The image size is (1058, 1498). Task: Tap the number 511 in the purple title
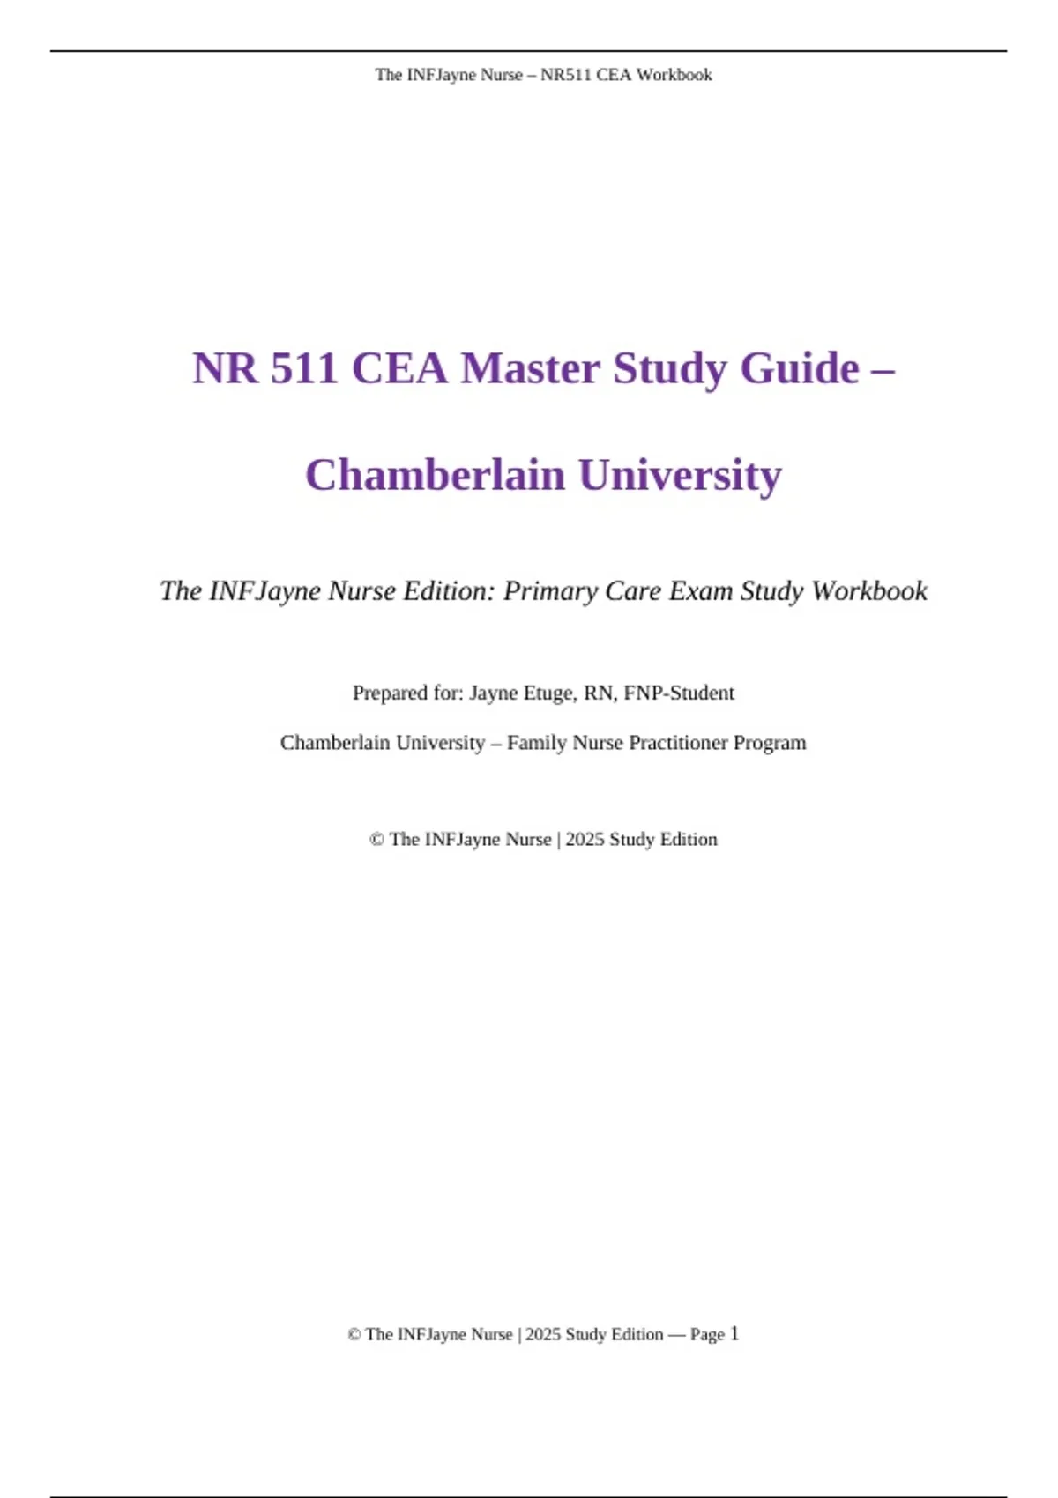305,368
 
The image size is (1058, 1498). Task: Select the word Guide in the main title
800,368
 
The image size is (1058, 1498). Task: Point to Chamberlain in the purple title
436,475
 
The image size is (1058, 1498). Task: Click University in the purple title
680,475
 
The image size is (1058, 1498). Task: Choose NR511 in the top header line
565,75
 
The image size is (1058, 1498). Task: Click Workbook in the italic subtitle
869,590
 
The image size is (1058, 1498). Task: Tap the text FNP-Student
679,693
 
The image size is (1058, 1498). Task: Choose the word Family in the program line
537,743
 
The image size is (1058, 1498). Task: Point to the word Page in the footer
707,1335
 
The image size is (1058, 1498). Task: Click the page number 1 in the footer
734,1334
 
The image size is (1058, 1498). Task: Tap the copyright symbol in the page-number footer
354,1335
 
